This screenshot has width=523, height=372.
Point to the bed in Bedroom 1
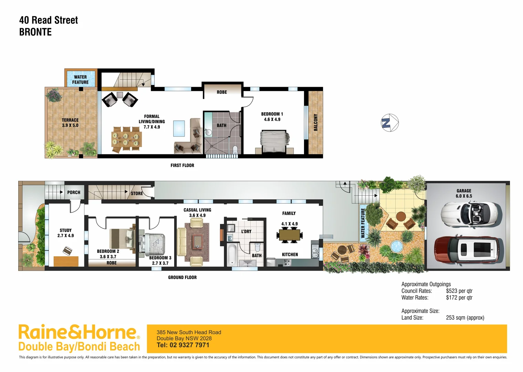click(x=274, y=141)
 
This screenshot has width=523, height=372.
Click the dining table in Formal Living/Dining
click(x=126, y=139)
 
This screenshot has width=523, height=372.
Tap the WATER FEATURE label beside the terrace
click(x=80, y=80)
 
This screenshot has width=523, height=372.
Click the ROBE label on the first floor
click(x=222, y=92)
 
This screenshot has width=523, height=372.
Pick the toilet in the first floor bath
click(x=235, y=150)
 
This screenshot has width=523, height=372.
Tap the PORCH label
click(x=74, y=192)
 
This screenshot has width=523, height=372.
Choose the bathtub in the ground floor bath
click(x=232, y=255)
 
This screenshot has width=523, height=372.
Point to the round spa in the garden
click(x=396, y=246)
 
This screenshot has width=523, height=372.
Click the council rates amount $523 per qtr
click(x=459, y=291)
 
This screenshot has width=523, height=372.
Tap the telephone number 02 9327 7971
click(x=189, y=345)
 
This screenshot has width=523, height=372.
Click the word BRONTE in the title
click(x=35, y=32)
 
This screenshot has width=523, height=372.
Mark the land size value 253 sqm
click(x=465, y=318)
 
